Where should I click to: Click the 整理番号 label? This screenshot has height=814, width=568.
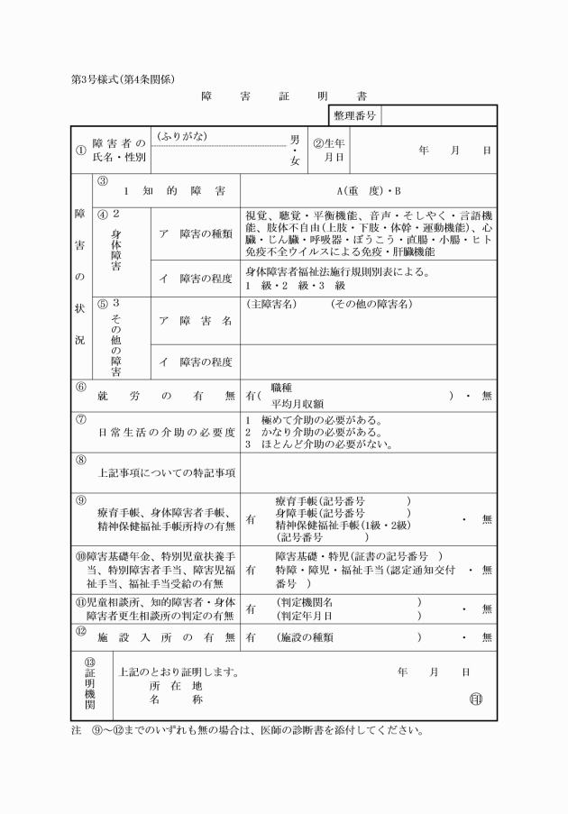[354, 115]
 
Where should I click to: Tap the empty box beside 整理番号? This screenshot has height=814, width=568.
[439, 115]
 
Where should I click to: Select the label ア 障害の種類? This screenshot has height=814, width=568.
[196, 233]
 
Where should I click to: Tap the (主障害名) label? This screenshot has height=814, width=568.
[270, 304]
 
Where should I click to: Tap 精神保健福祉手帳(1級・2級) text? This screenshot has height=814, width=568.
[344, 525]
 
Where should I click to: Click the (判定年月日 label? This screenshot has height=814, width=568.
[307, 615]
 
